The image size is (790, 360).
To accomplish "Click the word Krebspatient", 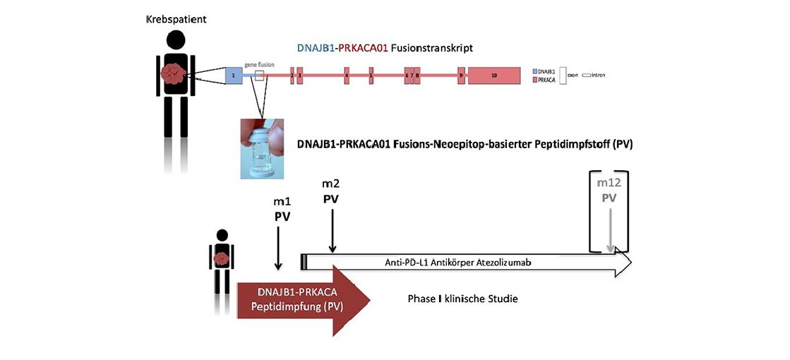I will [175, 18].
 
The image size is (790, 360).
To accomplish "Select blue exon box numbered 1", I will [233, 74].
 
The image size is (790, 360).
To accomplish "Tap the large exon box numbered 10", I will [494, 74].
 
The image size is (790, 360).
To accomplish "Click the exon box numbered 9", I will [460, 74].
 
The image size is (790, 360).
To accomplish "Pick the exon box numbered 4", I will [347, 74].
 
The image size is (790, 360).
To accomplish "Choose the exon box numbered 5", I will [371, 74].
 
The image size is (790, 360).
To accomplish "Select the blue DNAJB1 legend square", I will [534, 71].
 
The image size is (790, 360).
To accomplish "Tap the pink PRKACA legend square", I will [534, 80].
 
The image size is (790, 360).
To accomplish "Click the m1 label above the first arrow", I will [282, 201].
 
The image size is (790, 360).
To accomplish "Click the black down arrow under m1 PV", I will [279, 247].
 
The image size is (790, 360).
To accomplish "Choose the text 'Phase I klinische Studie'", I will [462, 299].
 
